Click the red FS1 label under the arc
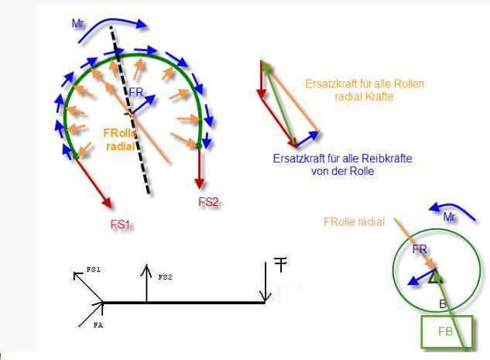tap(120, 225)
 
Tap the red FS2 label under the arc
tap(208, 202)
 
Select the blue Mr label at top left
tap(77, 23)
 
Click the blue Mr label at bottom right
tap(449, 217)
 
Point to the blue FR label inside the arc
tap(136, 92)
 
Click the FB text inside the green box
tap(445, 331)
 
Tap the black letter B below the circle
tap(443, 304)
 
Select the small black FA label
tap(98, 325)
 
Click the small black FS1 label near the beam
tap(94, 269)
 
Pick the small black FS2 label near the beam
tap(165, 277)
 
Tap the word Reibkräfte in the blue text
tap(386, 159)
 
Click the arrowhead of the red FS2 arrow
tap(200, 183)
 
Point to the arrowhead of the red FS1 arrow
tap(107, 203)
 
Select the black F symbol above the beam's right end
tap(280, 264)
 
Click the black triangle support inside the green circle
tap(435, 276)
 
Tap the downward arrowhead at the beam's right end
tap(265, 297)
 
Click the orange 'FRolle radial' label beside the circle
tap(354, 222)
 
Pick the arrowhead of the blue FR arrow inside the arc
tap(150, 99)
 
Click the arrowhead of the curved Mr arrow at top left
tap(141, 24)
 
